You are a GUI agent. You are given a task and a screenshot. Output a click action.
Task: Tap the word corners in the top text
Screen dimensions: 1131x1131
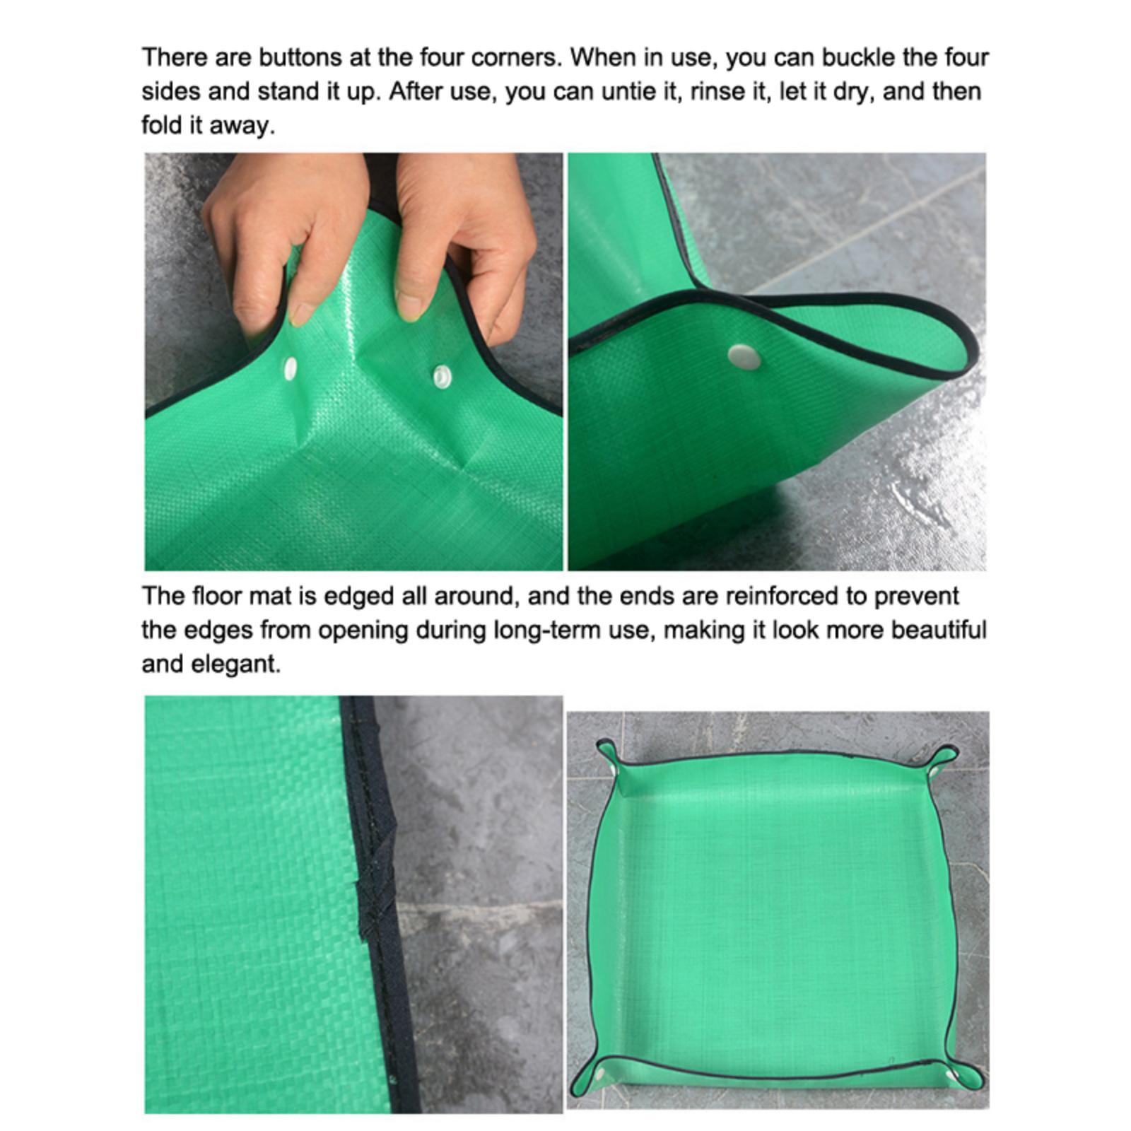point(515,57)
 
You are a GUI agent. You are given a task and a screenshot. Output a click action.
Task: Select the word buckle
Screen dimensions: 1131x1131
point(857,57)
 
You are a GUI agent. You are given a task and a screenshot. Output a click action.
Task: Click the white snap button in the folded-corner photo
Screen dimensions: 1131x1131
point(744,357)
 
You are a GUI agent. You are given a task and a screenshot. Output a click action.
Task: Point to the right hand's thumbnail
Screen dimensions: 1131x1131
point(409,305)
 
